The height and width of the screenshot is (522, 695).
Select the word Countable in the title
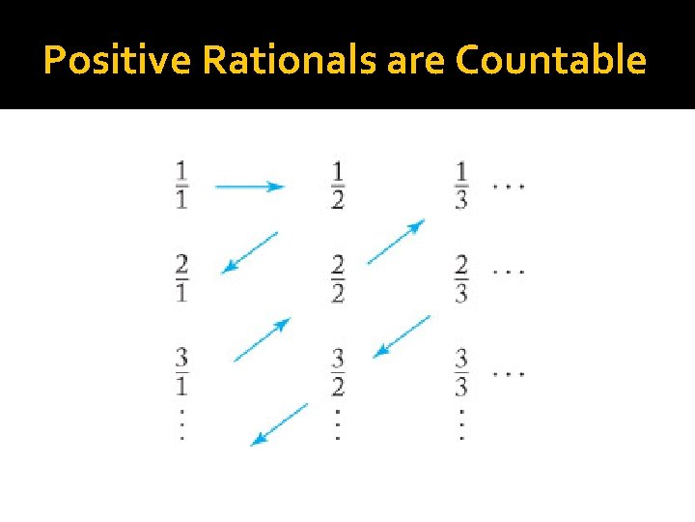(x=550, y=60)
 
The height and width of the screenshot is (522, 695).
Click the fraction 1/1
(x=182, y=186)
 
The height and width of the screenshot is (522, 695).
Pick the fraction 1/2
(x=337, y=186)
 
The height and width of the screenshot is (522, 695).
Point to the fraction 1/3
(x=461, y=186)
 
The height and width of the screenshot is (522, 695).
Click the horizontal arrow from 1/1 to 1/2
(x=249, y=187)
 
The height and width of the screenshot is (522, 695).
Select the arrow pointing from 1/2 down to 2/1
(x=249, y=252)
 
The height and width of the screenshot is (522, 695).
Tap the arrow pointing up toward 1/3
(x=396, y=242)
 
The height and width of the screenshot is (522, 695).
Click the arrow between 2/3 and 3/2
(x=402, y=336)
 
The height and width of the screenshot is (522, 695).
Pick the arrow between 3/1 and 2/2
(x=262, y=339)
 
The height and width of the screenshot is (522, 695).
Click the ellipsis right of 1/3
(x=509, y=186)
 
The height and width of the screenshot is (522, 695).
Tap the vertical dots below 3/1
(x=182, y=422)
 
